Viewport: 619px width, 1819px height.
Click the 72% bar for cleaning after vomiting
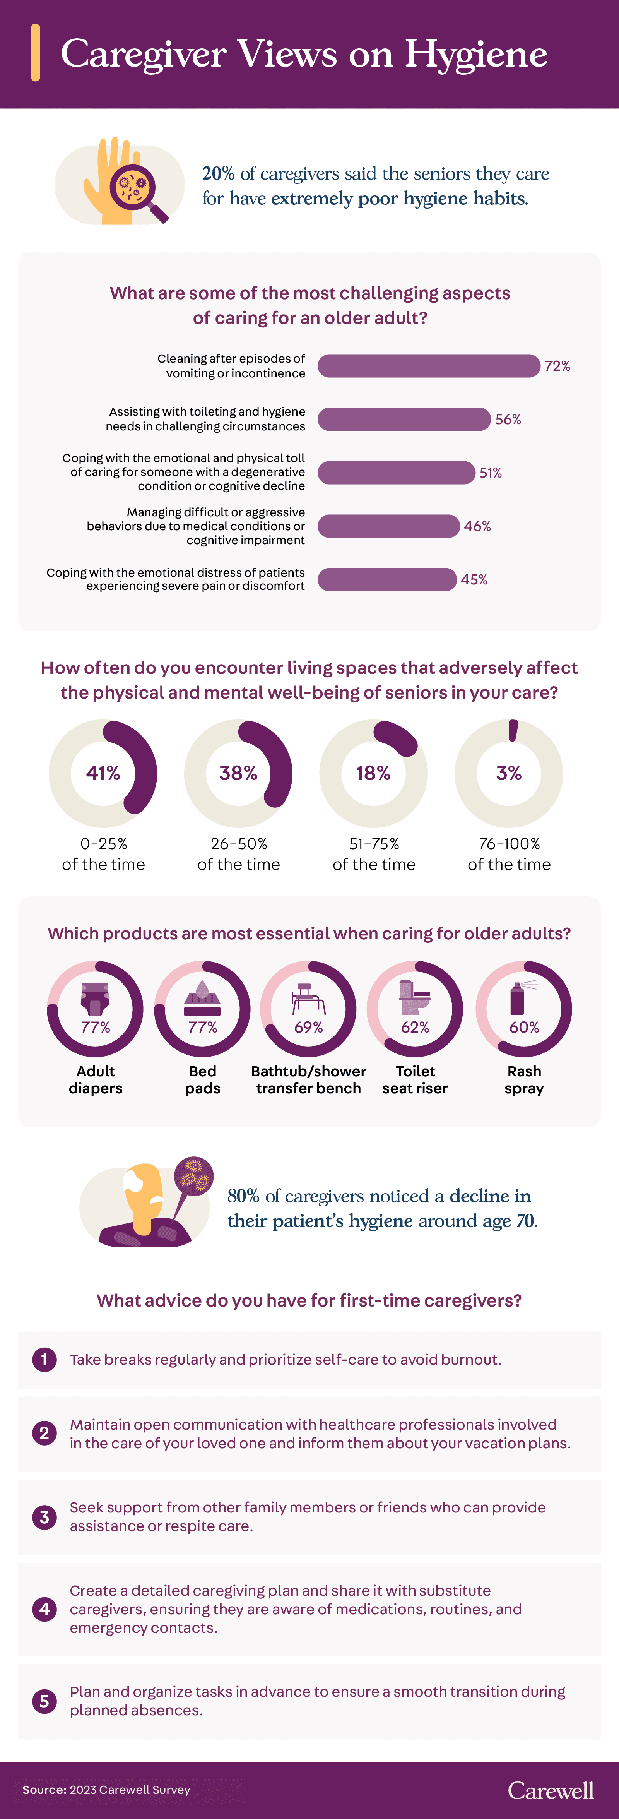428,366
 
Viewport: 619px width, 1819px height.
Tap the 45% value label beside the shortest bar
474,580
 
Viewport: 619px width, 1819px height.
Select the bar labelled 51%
396,473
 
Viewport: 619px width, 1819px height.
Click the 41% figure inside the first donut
103,773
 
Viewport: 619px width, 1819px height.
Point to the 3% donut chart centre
509,773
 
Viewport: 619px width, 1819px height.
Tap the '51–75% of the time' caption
374,854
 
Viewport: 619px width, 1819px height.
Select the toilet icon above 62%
415,996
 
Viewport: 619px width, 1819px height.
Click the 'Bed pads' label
203,1080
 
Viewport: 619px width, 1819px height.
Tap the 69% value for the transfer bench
308,1028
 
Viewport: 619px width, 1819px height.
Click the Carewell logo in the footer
551,1790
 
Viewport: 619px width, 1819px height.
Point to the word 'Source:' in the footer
44,1790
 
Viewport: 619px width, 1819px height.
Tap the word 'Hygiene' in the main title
476,54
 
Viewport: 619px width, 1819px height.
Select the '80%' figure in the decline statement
243,1196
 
